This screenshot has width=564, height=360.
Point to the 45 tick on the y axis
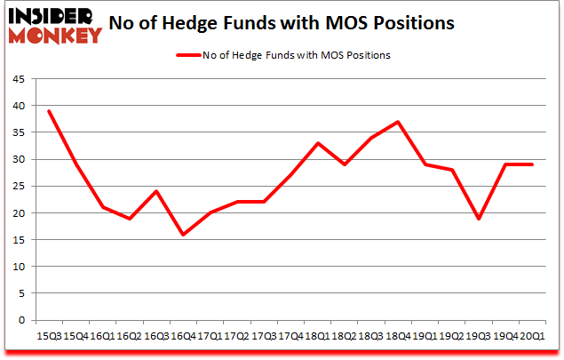point(18,78)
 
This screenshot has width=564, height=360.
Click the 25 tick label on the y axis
point(18,186)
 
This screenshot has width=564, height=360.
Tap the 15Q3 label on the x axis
point(49,334)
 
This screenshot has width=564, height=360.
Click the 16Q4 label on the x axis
point(183,334)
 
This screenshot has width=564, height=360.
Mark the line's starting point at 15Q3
point(49,111)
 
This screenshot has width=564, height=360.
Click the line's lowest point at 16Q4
point(184,235)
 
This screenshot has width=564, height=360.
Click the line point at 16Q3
point(156,191)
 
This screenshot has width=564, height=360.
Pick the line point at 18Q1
point(318,143)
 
